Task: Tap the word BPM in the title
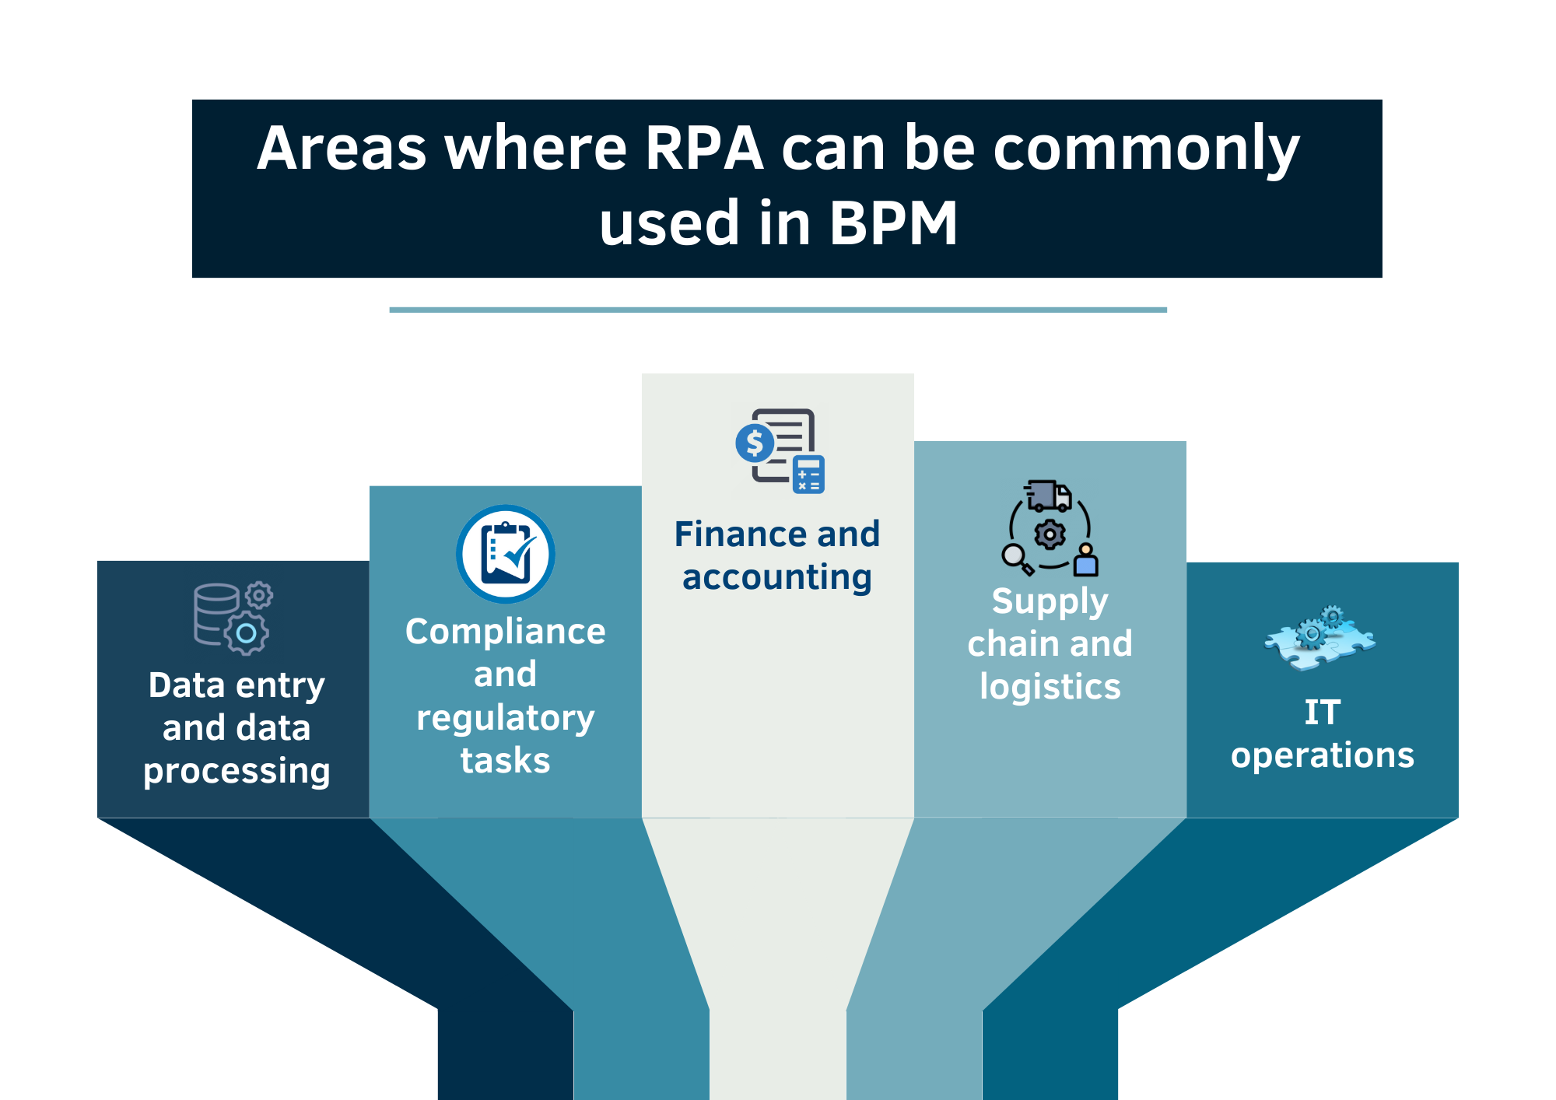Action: pyautogui.click(x=893, y=223)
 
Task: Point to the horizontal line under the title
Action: pyautogui.click(x=778, y=310)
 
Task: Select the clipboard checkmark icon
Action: pyautogui.click(x=506, y=554)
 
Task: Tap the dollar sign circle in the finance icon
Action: pyautogui.click(x=755, y=443)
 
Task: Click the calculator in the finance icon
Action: pyautogui.click(x=808, y=475)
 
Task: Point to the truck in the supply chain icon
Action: pyautogui.click(x=1049, y=496)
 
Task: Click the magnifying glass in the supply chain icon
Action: pyautogui.click(x=1015, y=557)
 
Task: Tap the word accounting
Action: pyautogui.click(x=776, y=578)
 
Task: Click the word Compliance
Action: pyautogui.click(x=506, y=631)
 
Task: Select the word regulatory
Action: pyautogui.click(x=506, y=718)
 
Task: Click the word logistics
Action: pyautogui.click(x=1050, y=687)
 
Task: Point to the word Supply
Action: pyautogui.click(x=1050, y=602)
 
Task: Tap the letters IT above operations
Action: pyautogui.click(x=1322, y=713)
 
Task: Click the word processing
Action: pyautogui.click(x=237, y=771)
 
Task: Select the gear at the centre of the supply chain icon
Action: pyautogui.click(x=1050, y=534)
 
